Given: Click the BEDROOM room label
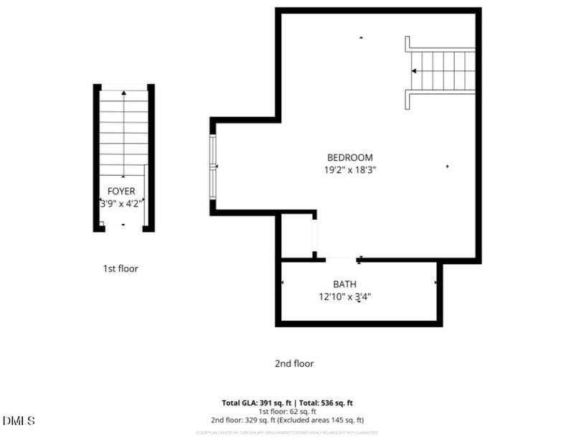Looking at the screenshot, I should click(349, 158).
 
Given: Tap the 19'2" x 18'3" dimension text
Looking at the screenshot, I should click(349, 170).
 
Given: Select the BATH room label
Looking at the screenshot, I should click(344, 284).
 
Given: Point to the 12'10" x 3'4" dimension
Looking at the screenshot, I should click(344, 296).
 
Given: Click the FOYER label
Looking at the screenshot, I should click(121, 191).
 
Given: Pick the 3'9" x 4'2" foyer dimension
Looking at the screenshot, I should click(122, 203).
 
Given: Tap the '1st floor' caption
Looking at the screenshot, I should click(120, 268).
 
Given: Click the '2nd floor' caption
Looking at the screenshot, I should click(294, 364).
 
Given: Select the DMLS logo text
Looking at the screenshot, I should click(19, 421).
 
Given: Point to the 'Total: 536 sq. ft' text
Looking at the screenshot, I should click(331, 403).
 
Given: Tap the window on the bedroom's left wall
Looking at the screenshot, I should click(212, 167).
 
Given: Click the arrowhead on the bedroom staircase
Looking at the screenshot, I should click(414, 71).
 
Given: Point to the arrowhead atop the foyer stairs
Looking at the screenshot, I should click(124, 93).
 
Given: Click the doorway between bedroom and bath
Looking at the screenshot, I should click(342, 258).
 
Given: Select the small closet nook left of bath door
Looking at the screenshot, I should click(296, 236).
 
